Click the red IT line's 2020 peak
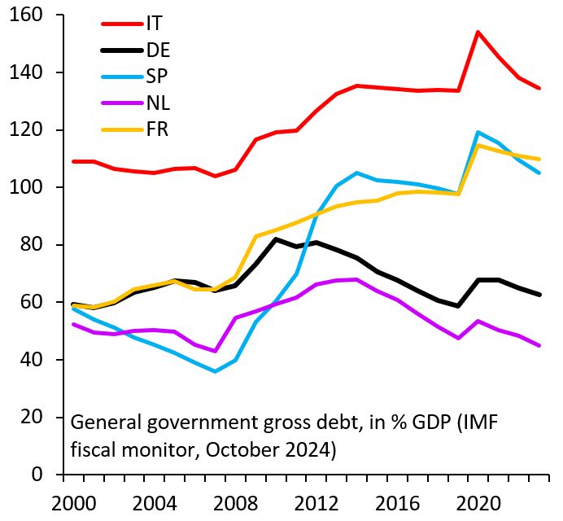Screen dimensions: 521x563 [478, 33]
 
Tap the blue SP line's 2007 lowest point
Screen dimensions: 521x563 [214, 371]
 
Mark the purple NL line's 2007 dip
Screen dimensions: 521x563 [214, 352]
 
